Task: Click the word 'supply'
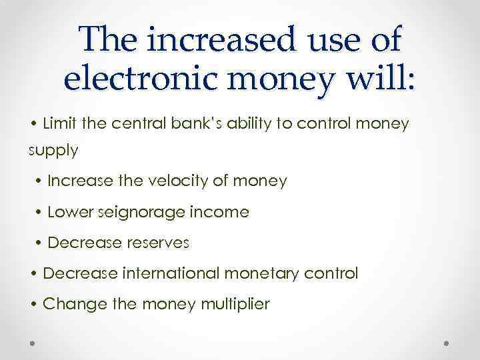[x=53, y=151]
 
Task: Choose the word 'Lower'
[x=71, y=212]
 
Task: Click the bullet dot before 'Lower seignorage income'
[x=40, y=213]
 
